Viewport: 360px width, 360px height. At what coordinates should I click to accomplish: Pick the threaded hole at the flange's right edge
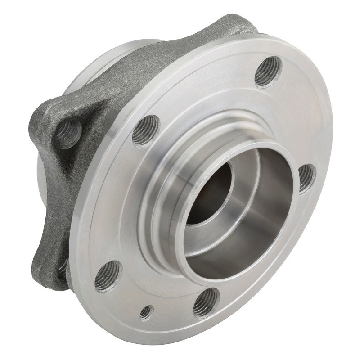coord(307,178)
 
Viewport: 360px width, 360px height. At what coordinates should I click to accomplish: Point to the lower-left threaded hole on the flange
coord(108,275)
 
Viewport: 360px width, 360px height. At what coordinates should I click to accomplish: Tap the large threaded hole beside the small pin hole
coord(206,302)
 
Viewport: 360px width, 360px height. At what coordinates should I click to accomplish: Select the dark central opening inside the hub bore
coord(209,193)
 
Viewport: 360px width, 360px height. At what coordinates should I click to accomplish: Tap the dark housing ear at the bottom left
coord(54,270)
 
